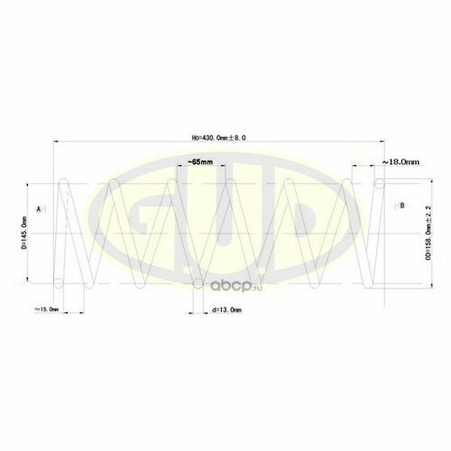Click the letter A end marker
tap(39, 208)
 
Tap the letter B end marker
tap(402, 207)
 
